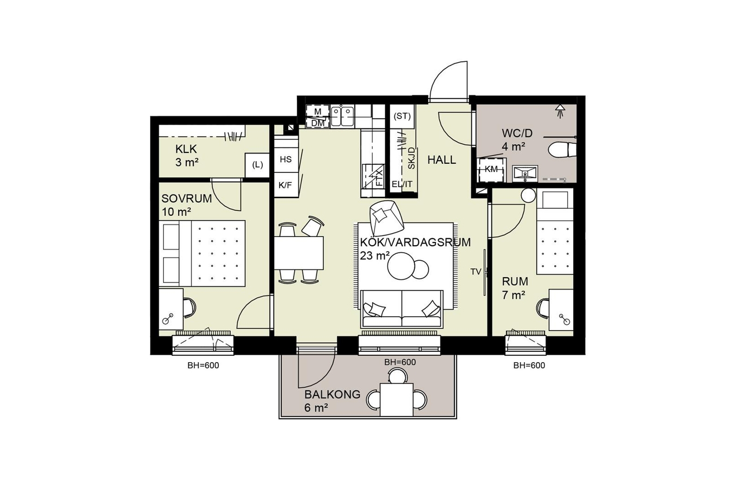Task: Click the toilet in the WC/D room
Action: pos(562,150)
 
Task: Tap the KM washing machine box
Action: pos(491,170)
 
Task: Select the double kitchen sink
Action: pos(342,117)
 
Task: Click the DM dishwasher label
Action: pos(318,123)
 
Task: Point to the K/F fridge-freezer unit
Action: pos(286,185)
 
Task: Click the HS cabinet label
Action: pos(285,160)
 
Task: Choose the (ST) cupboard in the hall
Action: pos(402,117)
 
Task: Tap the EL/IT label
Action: pos(402,184)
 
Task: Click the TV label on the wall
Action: pos(476,272)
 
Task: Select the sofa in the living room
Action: pos(402,309)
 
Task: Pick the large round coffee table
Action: pos(401,266)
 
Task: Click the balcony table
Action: pos(397,400)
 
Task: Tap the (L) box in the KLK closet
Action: pos(257,165)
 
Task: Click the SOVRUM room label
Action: pos(187,198)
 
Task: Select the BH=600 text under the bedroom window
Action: pos(203,365)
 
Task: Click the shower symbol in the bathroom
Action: pos(560,111)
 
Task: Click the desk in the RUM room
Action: pos(561,310)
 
